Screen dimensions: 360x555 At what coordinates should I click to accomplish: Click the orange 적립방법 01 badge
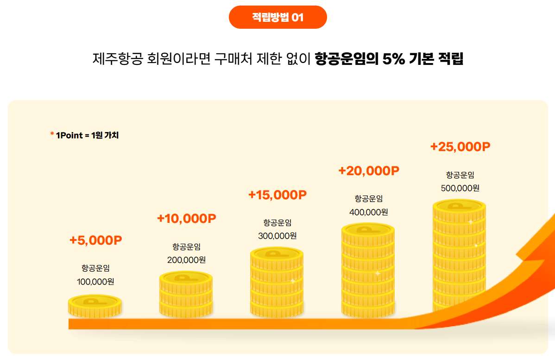[x=278, y=17]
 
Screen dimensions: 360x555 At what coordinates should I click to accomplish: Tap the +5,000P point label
[x=95, y=240]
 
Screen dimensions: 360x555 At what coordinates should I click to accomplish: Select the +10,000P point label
[x=187, y=218]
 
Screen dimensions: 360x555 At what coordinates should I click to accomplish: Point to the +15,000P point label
[x=277, y=195]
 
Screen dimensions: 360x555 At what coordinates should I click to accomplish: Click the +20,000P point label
[x=369, y=171]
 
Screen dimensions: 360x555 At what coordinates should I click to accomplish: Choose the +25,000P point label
[x=460, y=146]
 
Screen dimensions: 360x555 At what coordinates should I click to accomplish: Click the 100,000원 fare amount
[x=95, y=281]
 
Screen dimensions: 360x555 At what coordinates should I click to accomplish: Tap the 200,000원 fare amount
[x=186, y=259]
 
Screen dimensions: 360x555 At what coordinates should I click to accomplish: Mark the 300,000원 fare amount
[x=277, y=235]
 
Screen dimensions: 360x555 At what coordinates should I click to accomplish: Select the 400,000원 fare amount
[x=368, y=212]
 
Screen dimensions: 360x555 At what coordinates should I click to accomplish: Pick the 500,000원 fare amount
[x=460, y=188]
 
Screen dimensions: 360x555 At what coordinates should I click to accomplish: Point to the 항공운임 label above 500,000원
[x=460, y=175]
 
